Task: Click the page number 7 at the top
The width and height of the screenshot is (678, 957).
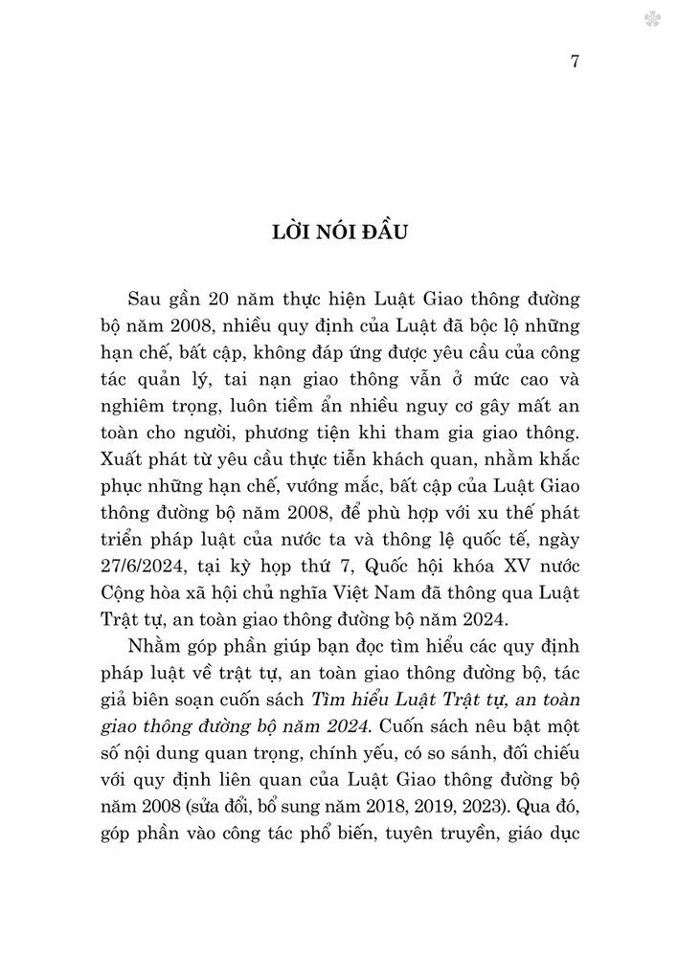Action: [574, 63]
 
